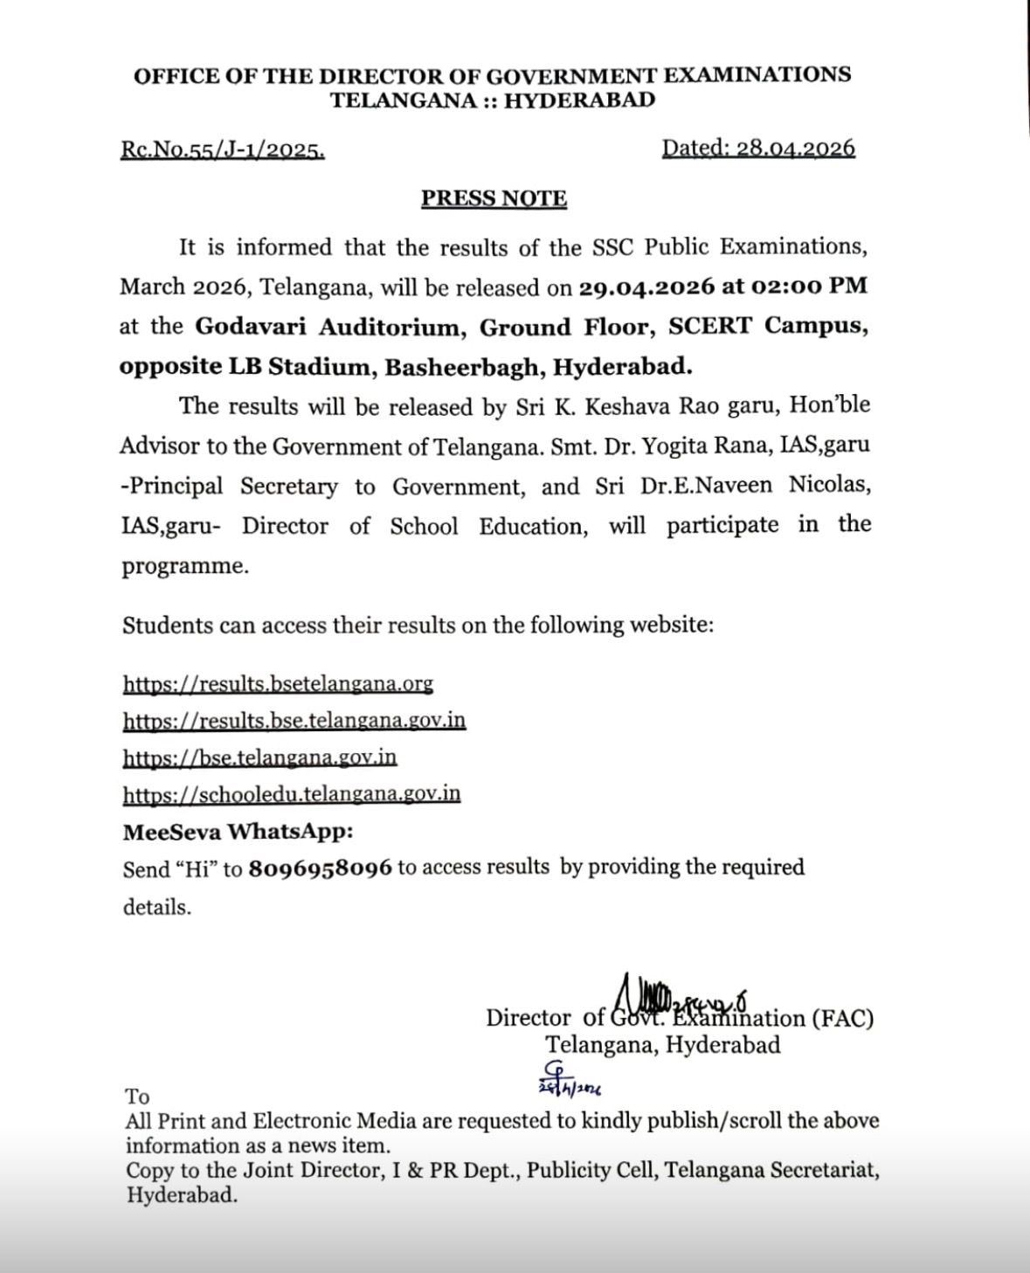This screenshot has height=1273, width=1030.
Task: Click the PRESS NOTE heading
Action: click(x=494, y=199)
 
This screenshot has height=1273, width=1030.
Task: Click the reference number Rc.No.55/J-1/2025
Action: click(x=223, y=150)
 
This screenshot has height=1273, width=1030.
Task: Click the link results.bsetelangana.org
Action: click(x=278, y=683)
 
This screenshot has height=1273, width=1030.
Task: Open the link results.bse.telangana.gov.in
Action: click(x=294, y=721)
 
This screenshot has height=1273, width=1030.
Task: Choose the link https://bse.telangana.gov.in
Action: click(x=259, y=758)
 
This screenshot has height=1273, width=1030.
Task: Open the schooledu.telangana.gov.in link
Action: click(x=291, y=794)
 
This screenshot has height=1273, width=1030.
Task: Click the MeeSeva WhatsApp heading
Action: click(x=238, y=832)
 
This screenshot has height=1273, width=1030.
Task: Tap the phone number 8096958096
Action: click(x=320, y=869)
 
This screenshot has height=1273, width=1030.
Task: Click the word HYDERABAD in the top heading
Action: click(x=579, y=100)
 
